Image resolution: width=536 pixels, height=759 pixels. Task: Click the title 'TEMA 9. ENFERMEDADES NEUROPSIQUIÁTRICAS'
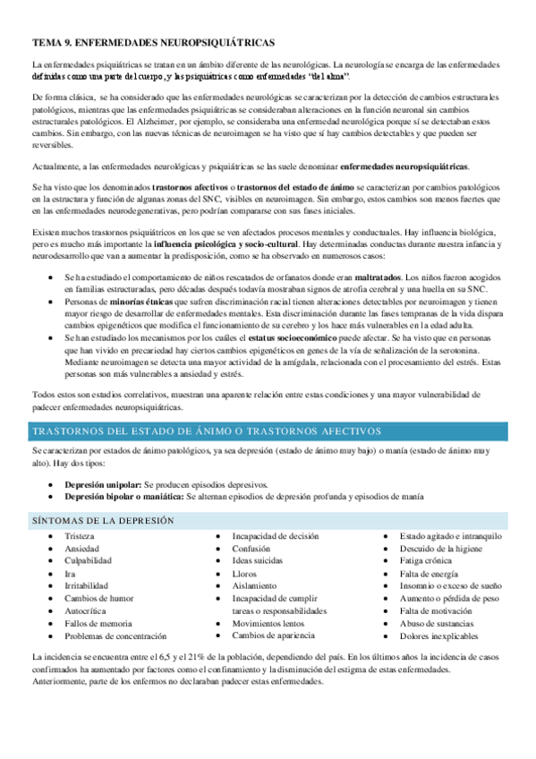pos(153,42)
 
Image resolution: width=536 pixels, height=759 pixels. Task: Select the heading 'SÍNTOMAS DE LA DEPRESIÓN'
pos(103,520)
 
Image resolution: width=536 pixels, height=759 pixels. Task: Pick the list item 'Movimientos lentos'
pos(268,623)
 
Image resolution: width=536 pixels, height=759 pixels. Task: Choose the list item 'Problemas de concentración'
pos(115,636)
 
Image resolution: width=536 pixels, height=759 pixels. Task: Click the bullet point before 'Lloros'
pos(220,574)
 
